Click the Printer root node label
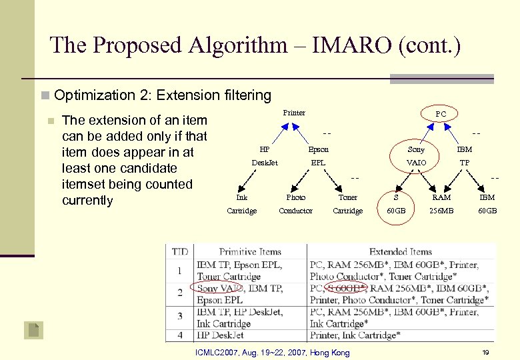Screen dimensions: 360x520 click(294, 113)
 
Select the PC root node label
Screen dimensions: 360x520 click(441, 115)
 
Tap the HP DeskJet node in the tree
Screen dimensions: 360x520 click(265, 156)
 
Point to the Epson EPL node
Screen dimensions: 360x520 click(318, 156)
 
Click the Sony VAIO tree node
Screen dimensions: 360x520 click(416, 156)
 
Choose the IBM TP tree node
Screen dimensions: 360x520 click(464, 156)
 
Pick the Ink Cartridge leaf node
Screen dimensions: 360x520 click(241, 204)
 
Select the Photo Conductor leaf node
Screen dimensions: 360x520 click(295, 204)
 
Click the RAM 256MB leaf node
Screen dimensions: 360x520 click(441, 204)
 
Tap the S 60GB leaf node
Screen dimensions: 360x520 click(396, 204)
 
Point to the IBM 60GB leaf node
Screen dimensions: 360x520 click(487, 204)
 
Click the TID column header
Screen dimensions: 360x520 click(180, 252)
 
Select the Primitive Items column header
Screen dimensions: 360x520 click(250, 252)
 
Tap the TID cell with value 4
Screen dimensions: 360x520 click(179, 335)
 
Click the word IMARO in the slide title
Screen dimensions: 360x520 click(327, 45)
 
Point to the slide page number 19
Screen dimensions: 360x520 click(486, 351)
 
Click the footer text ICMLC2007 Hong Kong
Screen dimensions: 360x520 click(272, 351)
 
